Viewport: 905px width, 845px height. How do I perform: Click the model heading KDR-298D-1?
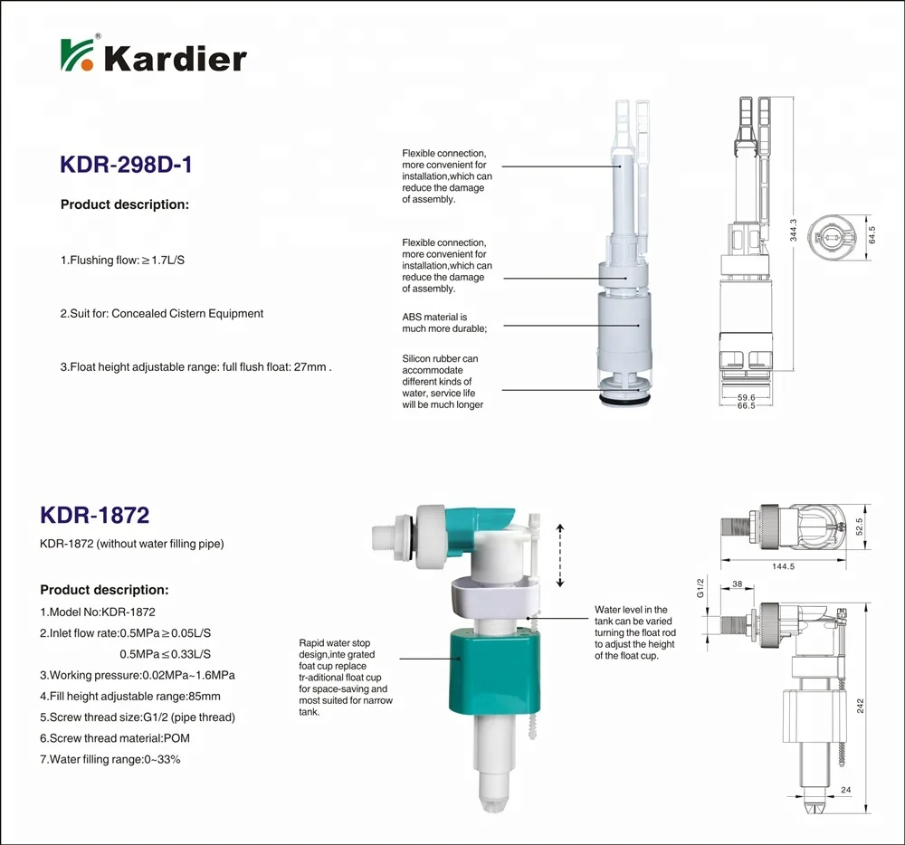click(x=126, y=165)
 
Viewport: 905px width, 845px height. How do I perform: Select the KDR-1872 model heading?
click(x=95, y=515)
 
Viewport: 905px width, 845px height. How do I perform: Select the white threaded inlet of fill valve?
click(x=392, y=542)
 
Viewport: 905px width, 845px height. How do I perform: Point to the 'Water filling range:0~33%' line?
click(x=110, y=759)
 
